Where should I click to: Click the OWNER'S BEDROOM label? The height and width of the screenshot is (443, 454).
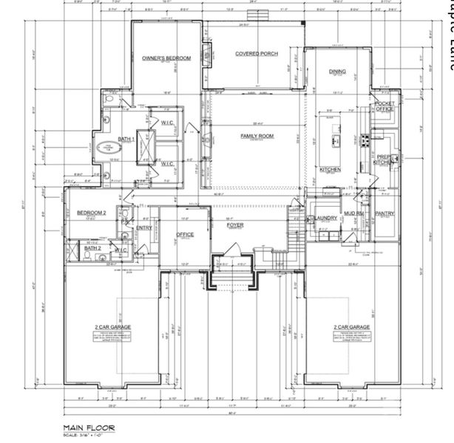(x=166, y=58)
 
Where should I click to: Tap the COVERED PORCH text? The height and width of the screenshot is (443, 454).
(x=255, y=53)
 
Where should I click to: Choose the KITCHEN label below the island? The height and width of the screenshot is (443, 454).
(x=330, y=170)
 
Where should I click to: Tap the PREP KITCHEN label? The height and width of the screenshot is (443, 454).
(x=384, y=159)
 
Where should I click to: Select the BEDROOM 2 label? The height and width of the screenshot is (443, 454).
(x=92, y=213)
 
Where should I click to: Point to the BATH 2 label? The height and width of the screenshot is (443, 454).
(x=92, y=249)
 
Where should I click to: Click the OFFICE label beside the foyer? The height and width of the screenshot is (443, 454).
(x=184, y=235)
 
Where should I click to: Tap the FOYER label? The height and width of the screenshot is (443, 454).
(x=235, y=225)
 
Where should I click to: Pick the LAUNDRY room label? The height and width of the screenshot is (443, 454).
(x=325, y=218)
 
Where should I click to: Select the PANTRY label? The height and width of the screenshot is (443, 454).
(x=384, y=214)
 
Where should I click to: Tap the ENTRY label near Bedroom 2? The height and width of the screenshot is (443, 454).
(x=143, y=228)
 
